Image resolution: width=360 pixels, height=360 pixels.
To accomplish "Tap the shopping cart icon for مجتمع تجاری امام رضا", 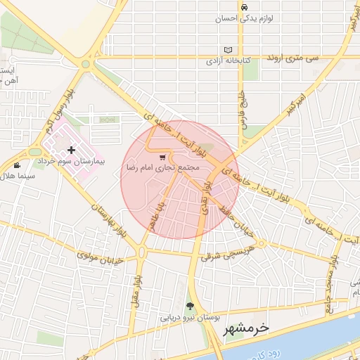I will (x=163, y=157).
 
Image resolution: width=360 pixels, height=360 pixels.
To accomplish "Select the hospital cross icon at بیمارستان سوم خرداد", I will (x=71, y=150).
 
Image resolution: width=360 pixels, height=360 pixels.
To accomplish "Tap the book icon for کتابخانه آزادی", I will (x=227, y=50).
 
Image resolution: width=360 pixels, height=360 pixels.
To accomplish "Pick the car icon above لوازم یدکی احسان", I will (x=243, y=7).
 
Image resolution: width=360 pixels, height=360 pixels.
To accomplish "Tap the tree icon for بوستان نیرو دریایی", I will (x=189, y=305).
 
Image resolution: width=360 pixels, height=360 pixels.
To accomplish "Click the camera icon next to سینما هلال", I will (x=17, y=165).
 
